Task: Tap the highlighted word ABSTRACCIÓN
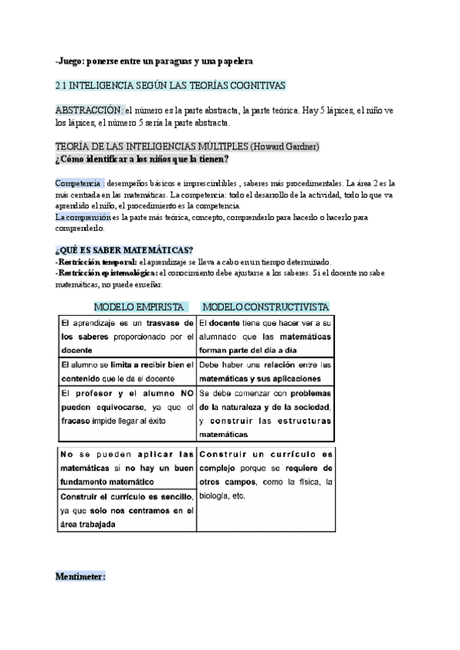[90, 110]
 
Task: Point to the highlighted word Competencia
[79, 184]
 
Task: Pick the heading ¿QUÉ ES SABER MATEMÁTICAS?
[124, 251]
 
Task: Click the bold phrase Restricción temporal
[92, 261]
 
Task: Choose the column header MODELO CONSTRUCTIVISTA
[265, 307]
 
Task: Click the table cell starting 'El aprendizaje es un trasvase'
[127, 336]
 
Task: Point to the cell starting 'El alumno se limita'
[127, 371]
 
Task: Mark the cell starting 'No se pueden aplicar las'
[127, 468]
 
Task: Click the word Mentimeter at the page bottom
[80, 576]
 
